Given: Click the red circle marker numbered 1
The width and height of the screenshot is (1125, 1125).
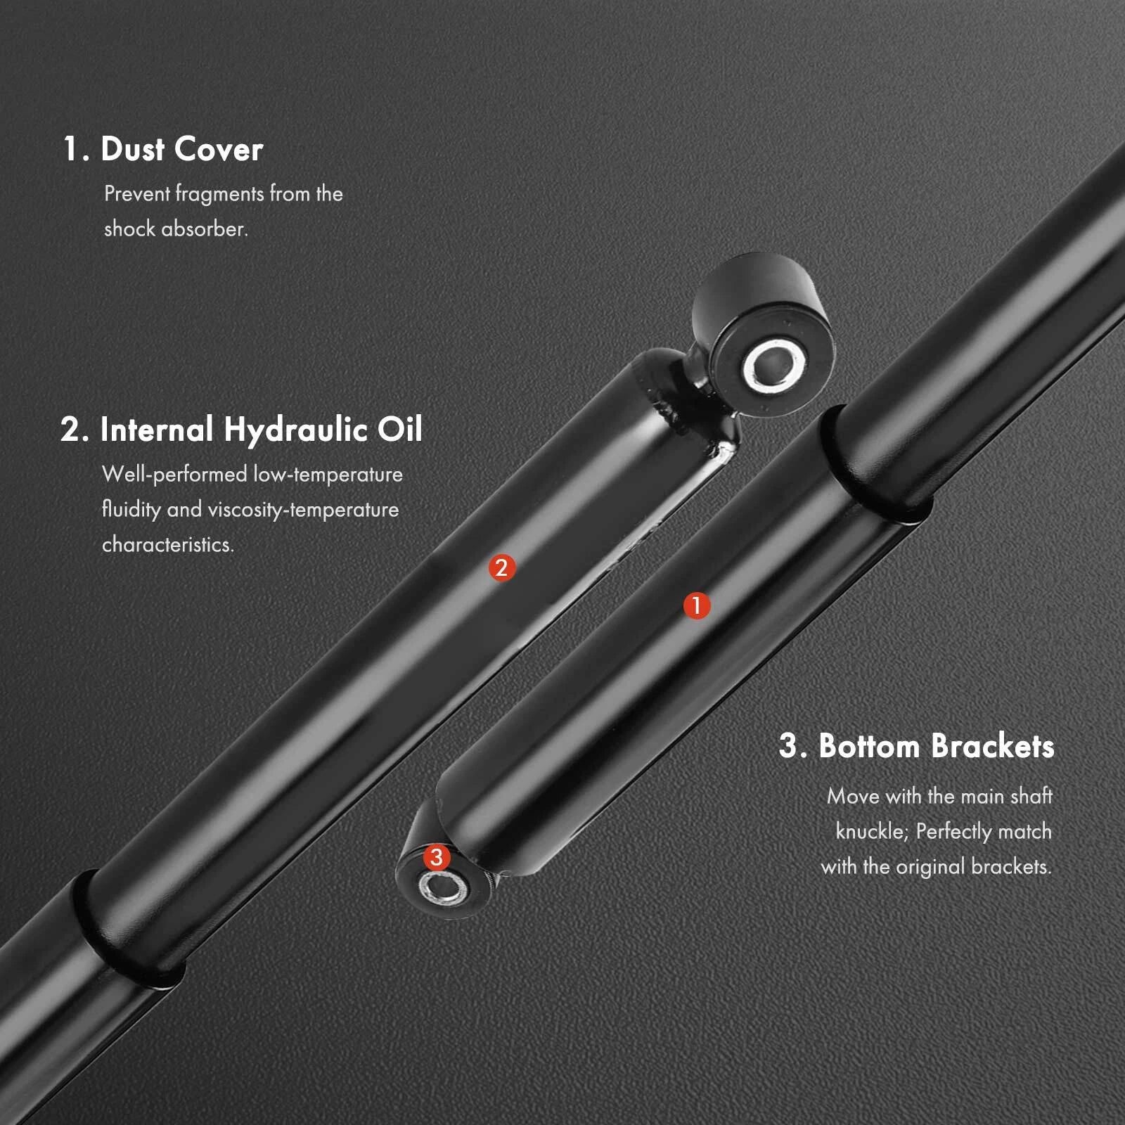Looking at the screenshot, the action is [697, 605].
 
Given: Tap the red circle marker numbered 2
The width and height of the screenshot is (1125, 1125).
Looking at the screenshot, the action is [502, 567].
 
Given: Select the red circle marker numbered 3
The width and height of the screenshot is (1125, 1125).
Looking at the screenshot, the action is [437, 857].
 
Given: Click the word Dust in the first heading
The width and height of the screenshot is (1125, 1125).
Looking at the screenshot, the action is [132, 149].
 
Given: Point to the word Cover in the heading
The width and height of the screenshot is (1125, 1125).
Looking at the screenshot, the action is [219, 149].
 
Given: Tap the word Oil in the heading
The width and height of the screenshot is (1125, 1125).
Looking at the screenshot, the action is [400, 429].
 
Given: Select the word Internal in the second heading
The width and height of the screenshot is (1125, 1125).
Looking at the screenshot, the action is [157, 429].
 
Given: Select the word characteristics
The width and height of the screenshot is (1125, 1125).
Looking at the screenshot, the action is [168, 544].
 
